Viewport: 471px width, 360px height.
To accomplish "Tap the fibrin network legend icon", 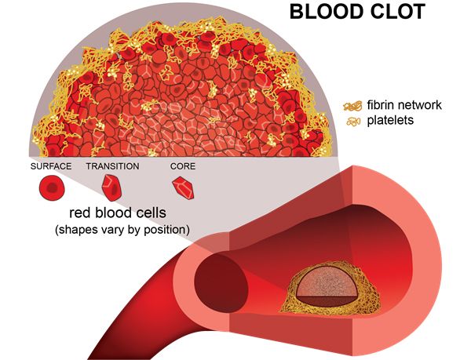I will [351, 104].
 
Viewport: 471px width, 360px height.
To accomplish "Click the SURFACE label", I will [51, 166].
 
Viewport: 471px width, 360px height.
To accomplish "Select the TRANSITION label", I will [112, 166].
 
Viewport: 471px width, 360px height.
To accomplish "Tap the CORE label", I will [183, 166].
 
